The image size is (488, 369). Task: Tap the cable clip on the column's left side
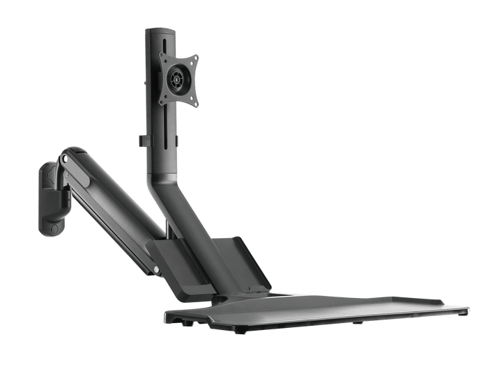click(142, 140)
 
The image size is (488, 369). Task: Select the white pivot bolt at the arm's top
click(65, 159)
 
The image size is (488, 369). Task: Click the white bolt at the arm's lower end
click(158, 270)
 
